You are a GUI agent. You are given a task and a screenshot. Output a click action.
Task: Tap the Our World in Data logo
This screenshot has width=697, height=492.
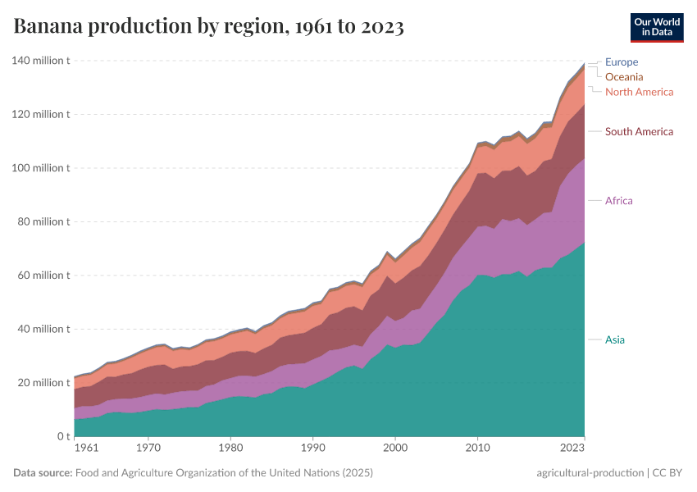[657, 27]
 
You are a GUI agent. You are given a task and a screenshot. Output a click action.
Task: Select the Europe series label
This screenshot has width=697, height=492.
[621, 61]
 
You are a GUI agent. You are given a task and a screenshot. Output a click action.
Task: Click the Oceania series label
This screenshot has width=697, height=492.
[624, 76]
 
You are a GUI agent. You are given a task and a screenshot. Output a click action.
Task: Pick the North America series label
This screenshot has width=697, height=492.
[639, 92]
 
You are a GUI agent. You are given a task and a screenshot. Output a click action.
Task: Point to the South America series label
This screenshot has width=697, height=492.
[639, 131]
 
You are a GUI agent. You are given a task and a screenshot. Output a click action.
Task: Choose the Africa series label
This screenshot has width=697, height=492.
[618, 201]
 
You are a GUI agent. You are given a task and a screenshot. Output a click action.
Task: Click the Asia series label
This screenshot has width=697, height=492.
[615, 339]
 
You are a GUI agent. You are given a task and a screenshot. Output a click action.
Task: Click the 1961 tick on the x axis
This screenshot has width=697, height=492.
[85, 449]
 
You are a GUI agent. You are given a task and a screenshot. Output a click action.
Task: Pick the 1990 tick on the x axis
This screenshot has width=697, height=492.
[312, 449]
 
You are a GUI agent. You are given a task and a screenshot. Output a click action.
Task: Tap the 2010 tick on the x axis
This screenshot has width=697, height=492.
[477, 449]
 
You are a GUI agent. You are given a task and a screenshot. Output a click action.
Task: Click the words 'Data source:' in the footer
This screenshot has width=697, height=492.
[43, 473]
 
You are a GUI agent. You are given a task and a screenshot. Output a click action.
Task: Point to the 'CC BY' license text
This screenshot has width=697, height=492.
[667, 473]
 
